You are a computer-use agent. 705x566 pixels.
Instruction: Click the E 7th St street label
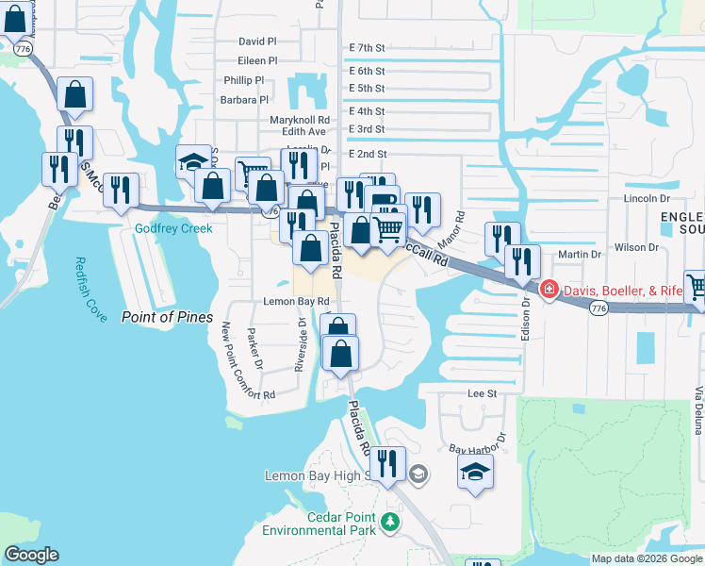367,47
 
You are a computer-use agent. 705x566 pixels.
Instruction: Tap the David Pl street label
257,42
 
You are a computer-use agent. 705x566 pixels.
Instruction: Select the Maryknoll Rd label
300,121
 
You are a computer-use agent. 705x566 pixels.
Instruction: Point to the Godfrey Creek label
173,228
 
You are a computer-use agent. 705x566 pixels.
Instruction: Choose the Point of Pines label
167,317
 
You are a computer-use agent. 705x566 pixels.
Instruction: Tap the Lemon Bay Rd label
296,302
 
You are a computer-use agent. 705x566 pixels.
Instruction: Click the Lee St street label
482,392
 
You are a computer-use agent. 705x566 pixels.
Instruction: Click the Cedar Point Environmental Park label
341,524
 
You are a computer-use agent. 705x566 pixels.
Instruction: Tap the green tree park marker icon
390,521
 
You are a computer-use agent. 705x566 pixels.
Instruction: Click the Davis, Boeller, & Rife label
623,291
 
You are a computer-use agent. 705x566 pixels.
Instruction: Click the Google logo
31,555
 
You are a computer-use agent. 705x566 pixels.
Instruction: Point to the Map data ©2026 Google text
646,558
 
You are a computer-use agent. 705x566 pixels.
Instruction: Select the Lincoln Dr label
647,199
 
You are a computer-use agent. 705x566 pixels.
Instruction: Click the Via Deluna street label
698,410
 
